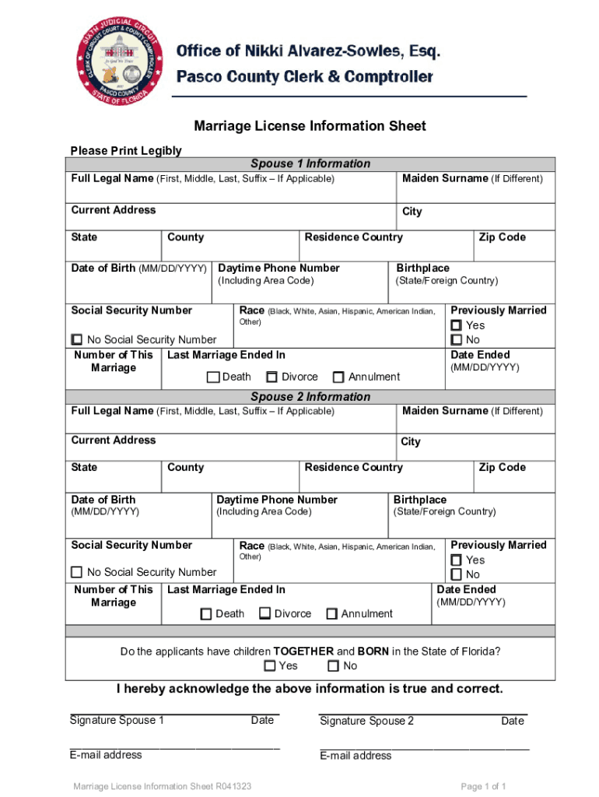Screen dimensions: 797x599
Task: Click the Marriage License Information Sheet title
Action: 310,126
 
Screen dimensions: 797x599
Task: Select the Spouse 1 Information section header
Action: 310,163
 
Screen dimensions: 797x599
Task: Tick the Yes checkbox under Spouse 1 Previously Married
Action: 457,325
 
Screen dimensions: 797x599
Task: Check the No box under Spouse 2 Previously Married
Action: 457,574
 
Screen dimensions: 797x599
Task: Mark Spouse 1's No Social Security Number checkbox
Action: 77,339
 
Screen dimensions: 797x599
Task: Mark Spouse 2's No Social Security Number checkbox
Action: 77,572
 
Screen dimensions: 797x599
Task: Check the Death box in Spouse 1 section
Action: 212,377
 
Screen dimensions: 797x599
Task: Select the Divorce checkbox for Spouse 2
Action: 264,614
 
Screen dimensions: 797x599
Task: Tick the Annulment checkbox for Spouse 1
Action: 338,377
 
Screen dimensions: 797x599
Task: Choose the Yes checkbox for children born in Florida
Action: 270,666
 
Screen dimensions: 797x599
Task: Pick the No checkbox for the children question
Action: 333,666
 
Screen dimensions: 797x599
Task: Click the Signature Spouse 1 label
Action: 117,720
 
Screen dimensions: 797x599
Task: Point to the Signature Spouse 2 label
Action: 367,721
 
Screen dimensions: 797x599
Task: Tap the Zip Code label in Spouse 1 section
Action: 502,237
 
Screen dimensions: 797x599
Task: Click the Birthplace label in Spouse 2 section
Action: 420,500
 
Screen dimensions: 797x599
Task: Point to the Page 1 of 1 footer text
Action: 484,787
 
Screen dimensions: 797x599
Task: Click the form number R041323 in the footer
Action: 231,787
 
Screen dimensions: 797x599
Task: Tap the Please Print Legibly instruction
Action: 126,150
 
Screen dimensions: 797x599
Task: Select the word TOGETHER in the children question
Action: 303,651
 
